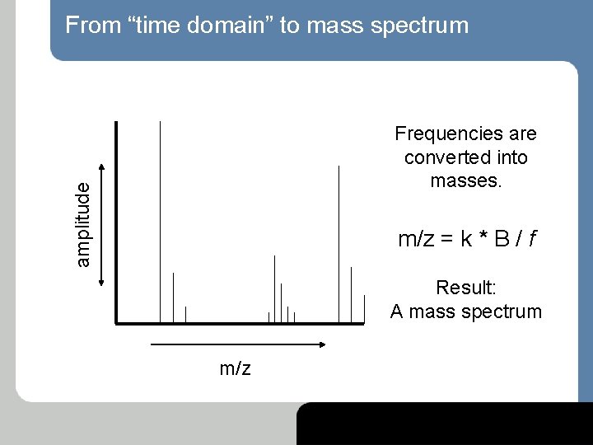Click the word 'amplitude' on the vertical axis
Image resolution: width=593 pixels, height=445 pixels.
pos(82,224)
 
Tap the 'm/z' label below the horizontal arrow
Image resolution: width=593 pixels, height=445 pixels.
pos(235,368)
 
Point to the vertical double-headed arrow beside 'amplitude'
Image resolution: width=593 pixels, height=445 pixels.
pos(101,224)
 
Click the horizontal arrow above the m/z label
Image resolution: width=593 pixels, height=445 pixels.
pos(239,344)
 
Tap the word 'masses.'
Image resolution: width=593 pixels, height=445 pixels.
pos(465,180)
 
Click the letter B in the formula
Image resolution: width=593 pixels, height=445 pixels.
pos(502,240)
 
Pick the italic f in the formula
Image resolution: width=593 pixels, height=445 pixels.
pos(533,240)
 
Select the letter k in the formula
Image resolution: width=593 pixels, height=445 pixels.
pos(466,240)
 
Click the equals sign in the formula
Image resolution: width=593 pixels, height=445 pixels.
pos(445,240)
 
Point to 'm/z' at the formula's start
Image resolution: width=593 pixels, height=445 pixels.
pos(416,240)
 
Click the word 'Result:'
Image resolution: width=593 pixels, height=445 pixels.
pos(465,288)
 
